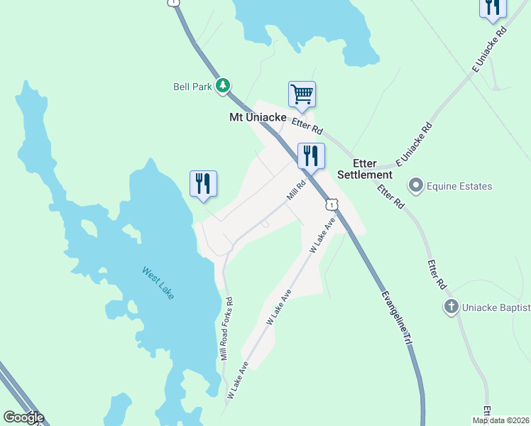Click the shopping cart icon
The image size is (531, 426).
[x=302, y=94]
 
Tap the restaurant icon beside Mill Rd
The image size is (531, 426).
[x=310, y=155]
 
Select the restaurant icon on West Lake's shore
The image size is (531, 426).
[x=203, y=183]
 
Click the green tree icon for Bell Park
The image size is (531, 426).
[x=224, y=86]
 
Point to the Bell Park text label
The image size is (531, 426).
[x=193, y=87]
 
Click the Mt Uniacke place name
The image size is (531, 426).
[x=257, y=117]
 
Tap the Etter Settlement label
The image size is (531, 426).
[x=365, y=169]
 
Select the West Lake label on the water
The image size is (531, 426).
[x=158, y=282]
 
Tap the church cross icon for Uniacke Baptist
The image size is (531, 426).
[x=451, y=307]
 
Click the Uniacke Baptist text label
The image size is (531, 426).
[x=496, y=307]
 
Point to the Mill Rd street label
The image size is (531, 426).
[x=295, y=190]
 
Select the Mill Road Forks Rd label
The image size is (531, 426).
[x=227, y=327]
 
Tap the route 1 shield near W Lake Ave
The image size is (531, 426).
[x=331, y=204]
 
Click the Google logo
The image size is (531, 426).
[x=23, y=417]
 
